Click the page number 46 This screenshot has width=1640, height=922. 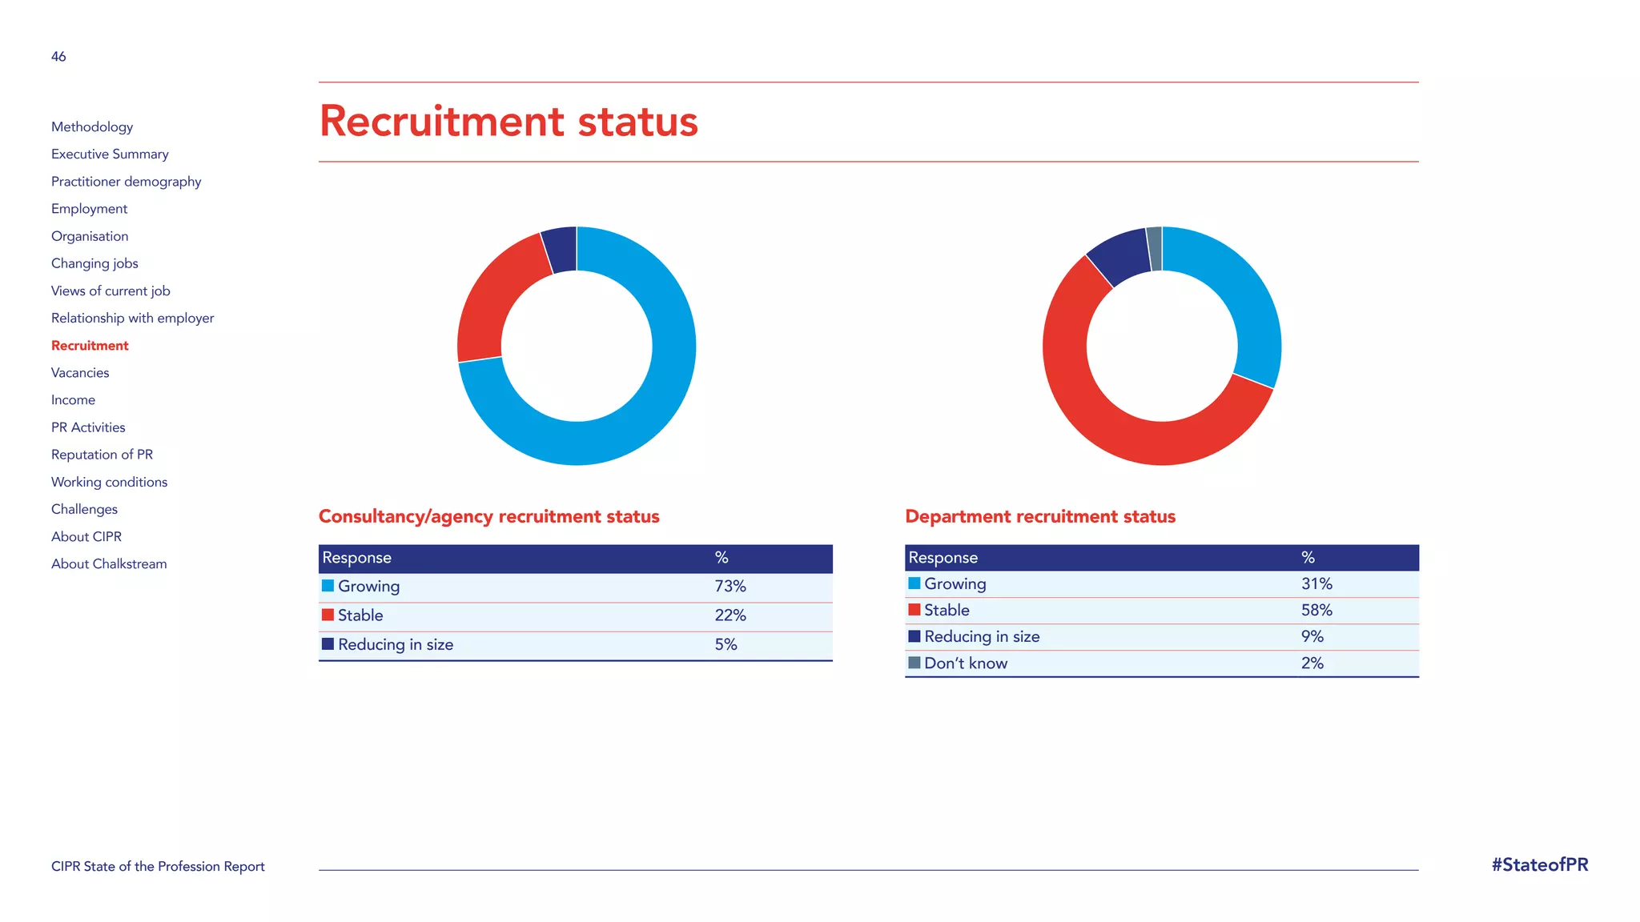click(58, 57)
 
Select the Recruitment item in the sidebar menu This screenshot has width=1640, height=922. click(90, 346)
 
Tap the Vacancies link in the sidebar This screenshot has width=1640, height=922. click(80, 373)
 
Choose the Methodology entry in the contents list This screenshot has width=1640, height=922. click(92, 127)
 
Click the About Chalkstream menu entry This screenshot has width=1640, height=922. click(109, 564)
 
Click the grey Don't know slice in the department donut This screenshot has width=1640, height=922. click(1155, 249)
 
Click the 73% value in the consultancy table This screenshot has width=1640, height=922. click(730, 587)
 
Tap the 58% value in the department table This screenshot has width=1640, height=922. click(1316, 611)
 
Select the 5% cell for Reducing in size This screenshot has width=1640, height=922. click(726, 645)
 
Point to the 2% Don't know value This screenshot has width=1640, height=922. click(1312, 663)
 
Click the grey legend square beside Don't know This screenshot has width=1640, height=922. click(914, 663)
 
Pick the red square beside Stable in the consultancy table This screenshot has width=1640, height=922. click(328, 615)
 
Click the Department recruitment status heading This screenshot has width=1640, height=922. click(1040, 517)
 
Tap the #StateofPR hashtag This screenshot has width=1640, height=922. click(1539, 865)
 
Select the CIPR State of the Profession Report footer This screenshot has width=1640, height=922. click(158, 867)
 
